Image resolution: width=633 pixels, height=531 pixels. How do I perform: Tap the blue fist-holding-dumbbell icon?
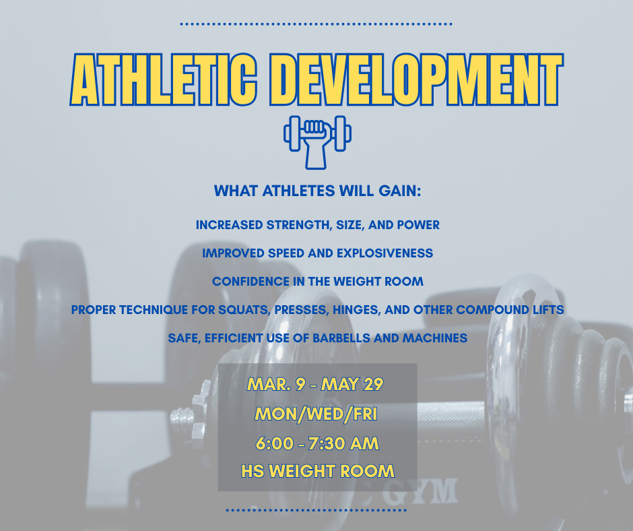pyautogui.click(x=317, y=141)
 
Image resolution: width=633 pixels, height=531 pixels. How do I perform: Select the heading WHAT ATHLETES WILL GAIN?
pyautogui.click(x=317, y=191)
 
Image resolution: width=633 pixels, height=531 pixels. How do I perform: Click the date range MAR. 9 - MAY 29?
pyautogui.click(x=316, y=385)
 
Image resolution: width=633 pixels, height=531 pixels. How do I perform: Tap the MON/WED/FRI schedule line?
pyautogui.click(x=316, y=414)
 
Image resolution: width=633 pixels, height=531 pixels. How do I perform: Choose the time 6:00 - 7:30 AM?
pyautogui.click(x=316, y=443)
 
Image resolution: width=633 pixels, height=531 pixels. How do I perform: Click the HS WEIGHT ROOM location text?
pyautogui.click(x=317, y=471)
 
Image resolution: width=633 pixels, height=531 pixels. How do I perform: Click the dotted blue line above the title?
pyautogui.click(x=316, y=24)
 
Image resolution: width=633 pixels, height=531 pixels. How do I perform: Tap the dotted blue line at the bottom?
pyautogui.click(x=316, y=510)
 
